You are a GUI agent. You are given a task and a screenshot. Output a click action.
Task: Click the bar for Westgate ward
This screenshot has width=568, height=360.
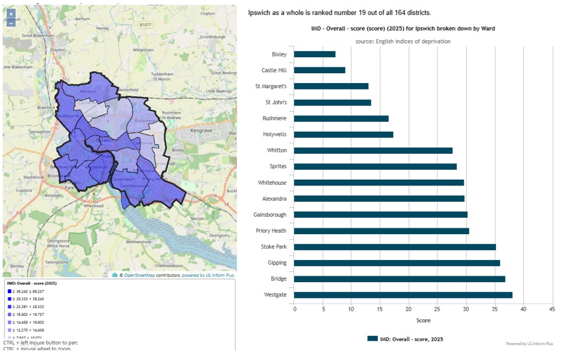click(x=402, y=295)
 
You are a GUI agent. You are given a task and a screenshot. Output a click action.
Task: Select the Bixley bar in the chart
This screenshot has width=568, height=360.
click(x=315, y=54)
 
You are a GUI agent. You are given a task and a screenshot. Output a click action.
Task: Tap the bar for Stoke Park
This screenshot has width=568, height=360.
click(x=395, y=247)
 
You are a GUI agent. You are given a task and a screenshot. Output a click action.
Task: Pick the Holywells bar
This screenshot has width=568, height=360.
click(x=343, y=134)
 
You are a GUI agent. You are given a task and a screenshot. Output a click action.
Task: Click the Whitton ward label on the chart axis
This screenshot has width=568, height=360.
click(x=277, y=150)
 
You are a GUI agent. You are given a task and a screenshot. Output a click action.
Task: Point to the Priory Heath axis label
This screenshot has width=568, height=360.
click(x=270, y=231)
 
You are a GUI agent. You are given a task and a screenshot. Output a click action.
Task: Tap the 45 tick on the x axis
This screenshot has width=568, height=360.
click(x=552, y=309)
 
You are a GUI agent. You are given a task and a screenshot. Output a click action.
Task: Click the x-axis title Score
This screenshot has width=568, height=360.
click(x=423, y=320)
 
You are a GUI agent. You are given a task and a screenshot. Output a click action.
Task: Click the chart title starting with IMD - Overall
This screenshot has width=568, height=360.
click(x=402, y=29)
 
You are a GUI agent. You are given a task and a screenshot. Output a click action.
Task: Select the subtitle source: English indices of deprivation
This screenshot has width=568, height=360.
click(x=402, y=42)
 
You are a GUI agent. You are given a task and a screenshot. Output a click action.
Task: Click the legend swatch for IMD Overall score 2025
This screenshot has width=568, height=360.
click(x=372, y=339)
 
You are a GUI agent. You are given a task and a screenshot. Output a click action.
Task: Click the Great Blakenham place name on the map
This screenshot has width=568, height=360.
click(x=36, y=36)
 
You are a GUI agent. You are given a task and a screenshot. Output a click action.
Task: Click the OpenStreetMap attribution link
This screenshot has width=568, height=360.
click(x=142, y=276)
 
